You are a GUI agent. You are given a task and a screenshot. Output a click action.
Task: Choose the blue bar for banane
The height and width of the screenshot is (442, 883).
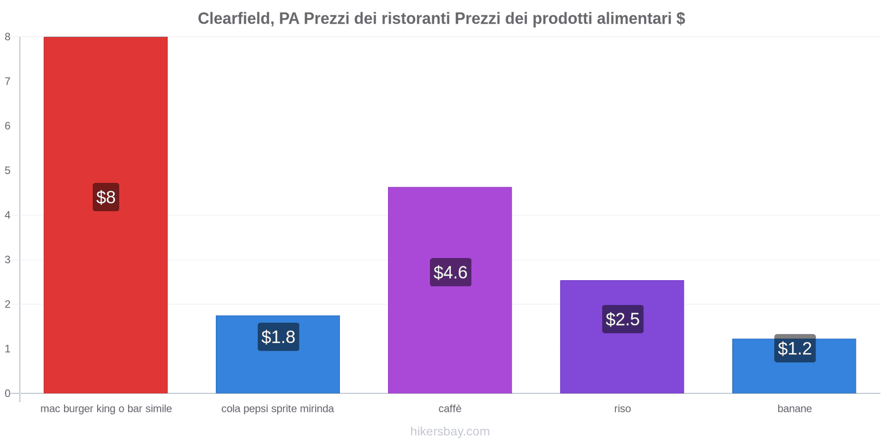click(x=794, y=376)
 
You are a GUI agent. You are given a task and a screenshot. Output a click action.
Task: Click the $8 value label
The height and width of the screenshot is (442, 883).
click(x=106, y=197)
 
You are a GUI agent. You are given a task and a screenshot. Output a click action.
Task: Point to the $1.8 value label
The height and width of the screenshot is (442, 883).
click(x=278, y=337)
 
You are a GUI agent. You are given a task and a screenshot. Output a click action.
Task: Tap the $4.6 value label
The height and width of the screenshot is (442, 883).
click(x=450, y=272)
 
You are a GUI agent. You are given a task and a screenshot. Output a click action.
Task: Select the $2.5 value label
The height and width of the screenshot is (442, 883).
click(x=623, y=319)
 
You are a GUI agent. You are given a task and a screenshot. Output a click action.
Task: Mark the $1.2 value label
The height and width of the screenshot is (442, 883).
click(x=795, y=349)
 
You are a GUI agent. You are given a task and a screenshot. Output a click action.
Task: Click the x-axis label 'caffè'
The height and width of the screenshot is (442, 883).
click(x=450, y=409)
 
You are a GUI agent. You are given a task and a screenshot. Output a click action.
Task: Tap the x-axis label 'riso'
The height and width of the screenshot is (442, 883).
click(x=622, y=409)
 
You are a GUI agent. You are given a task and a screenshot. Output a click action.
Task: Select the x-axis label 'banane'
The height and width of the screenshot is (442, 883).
click(x=794, y=409)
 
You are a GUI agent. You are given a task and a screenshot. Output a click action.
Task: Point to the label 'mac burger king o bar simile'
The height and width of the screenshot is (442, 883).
click(x=106, y=409)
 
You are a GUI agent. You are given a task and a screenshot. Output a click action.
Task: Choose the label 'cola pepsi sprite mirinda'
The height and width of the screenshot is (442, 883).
click(x=278, y=409)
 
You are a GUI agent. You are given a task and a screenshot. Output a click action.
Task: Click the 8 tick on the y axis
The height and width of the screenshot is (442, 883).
click(x=8, y=37)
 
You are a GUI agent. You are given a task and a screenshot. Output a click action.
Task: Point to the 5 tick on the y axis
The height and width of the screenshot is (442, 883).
click(x=8, y=171)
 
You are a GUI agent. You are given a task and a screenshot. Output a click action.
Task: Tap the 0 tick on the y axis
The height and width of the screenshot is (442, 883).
click(x=8, y=393)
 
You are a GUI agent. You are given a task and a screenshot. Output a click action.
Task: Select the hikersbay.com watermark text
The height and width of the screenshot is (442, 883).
click(x=450, y=432)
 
